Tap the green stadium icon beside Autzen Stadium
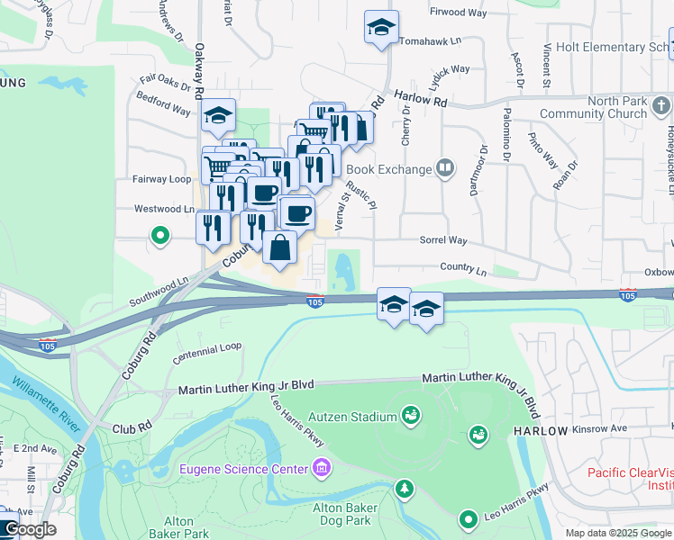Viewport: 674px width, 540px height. click(411, 415)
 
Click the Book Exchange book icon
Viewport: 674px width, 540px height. click(443, 168)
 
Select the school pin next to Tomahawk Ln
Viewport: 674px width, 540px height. click(381, 28)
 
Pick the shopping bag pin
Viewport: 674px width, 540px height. click(280, 247)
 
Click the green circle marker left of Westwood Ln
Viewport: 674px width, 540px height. click(160, 237)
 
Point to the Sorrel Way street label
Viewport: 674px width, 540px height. click(443, 241)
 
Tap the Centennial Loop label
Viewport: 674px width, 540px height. click(207, 346)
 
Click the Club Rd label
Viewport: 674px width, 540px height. click(132, 428)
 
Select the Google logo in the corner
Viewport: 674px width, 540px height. click(29, 529)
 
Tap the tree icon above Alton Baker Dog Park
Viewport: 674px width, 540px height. click(405, 489)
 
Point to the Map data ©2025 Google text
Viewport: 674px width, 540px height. click(618, 533)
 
